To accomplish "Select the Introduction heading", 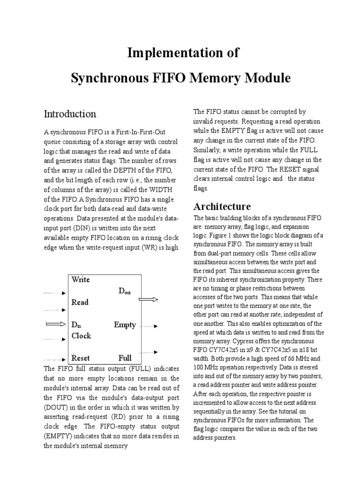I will coord(70,114).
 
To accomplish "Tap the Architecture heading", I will coord(222,206).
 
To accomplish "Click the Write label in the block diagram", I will coord(81,280).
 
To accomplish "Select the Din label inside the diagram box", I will coord(76,324).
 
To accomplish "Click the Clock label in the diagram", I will coord(81,336).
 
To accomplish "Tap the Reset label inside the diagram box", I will coord(81,358).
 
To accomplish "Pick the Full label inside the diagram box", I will coord(125,358).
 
